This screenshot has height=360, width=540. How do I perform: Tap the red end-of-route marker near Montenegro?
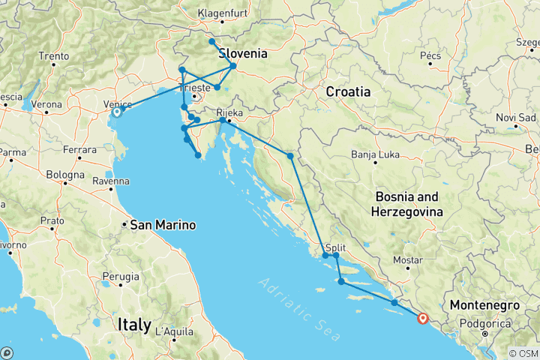(423, 318)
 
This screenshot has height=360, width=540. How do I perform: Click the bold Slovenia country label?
(242, 54)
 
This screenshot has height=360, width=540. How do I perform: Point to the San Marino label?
(163, 225)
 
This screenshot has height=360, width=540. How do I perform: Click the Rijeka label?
(230, 113)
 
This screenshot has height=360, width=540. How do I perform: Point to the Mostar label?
(408, 260)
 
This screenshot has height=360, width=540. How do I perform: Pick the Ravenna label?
(110, 181)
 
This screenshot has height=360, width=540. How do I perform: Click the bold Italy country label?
(134, 324)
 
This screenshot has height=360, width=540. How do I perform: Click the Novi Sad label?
(516, 118)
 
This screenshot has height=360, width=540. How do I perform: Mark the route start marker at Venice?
(116, 112)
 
